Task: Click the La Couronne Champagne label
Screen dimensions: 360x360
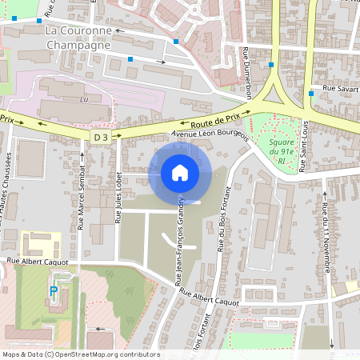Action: coord(78,38)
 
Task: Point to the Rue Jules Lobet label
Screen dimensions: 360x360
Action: coord(118,196)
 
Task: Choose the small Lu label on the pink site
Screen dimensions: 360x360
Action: coord(84,100)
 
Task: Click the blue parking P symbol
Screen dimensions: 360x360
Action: coord(54,292)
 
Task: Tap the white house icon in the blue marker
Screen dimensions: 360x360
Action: coord(180,172)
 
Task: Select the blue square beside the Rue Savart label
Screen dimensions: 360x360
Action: coord(310,93)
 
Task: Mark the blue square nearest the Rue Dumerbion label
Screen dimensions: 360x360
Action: coord(271,64)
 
